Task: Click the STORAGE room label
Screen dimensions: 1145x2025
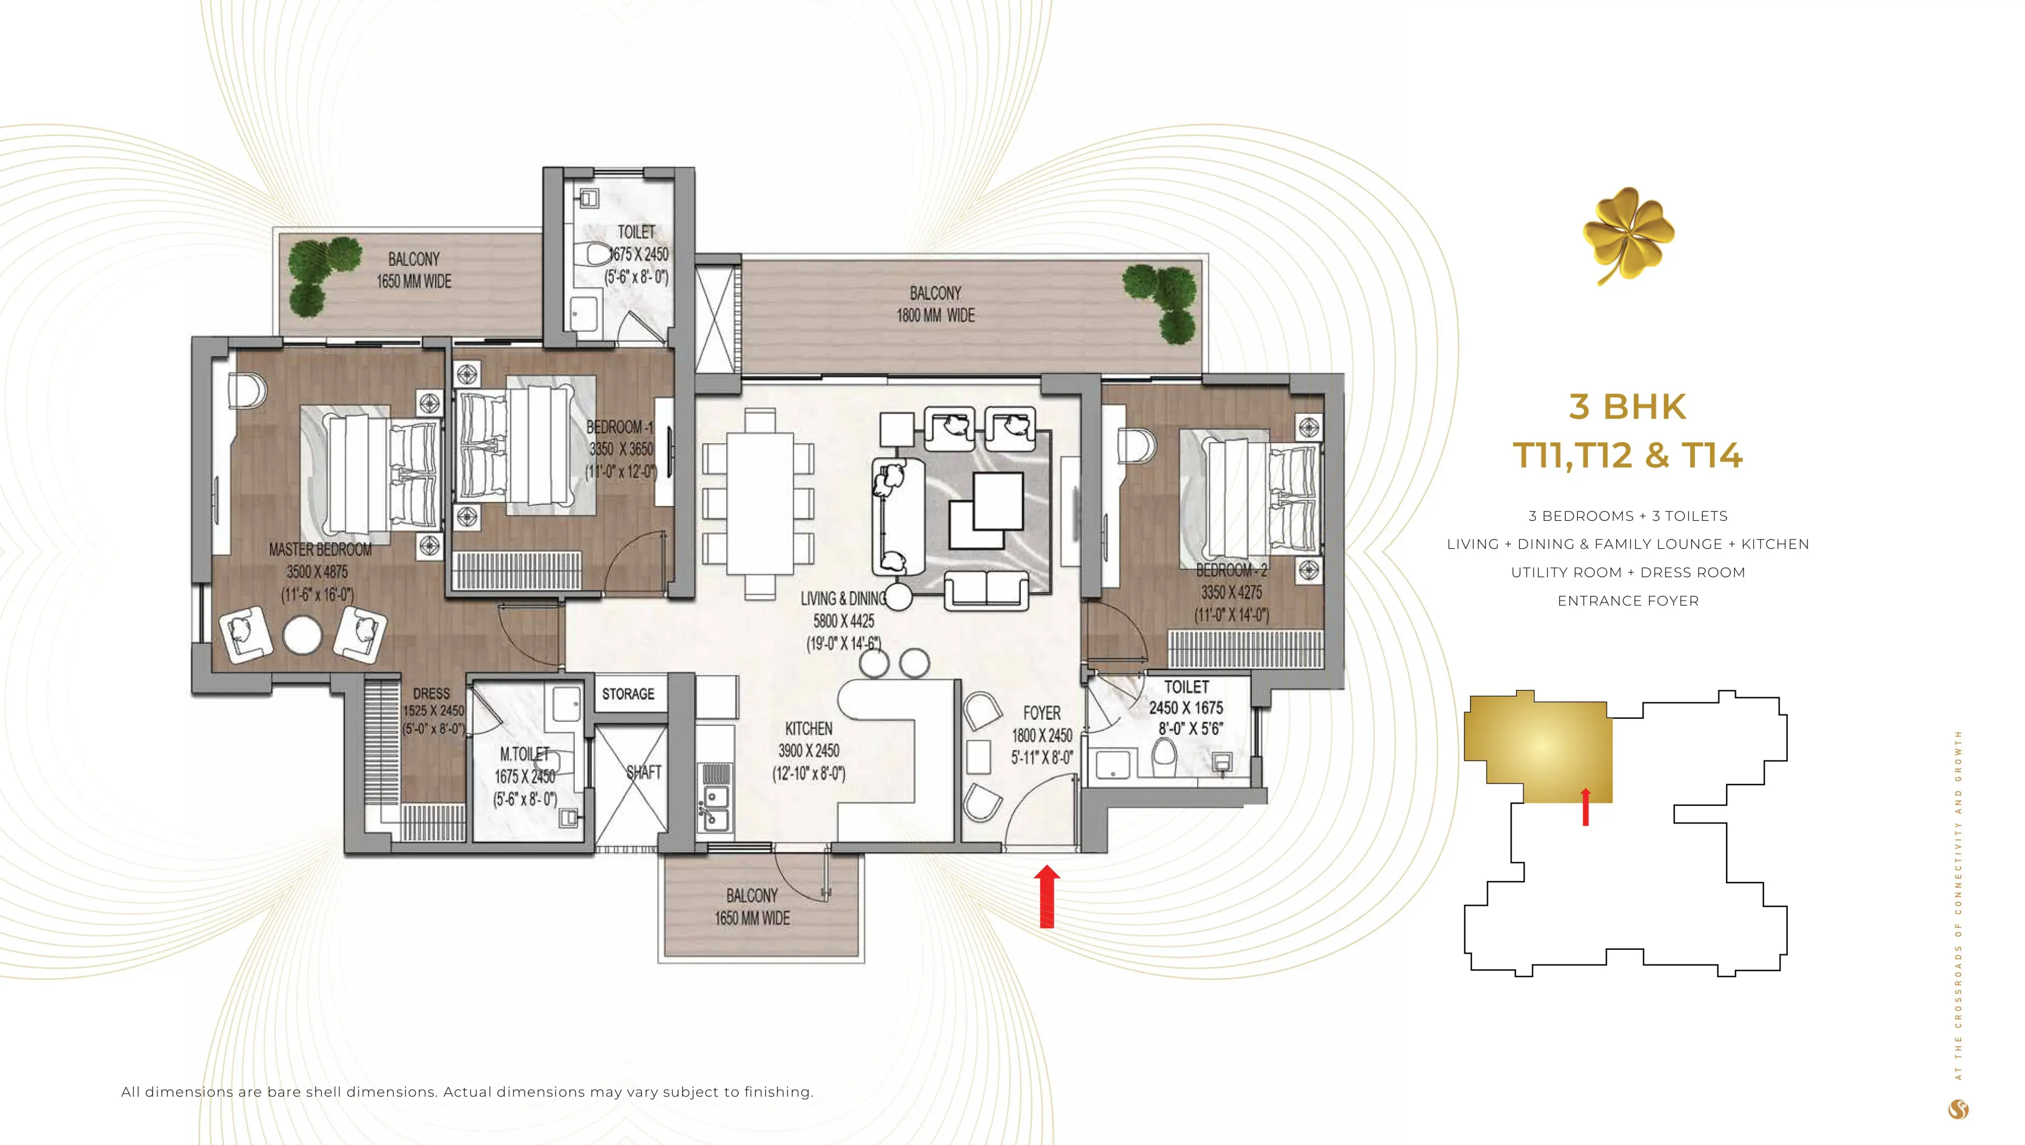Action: (x=628, y=694)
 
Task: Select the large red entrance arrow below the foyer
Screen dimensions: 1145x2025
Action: (x=1046, y=896)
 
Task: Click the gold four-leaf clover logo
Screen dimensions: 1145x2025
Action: (x=1627, y=234)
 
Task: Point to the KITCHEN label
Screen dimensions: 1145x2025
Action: (x=808, y=728)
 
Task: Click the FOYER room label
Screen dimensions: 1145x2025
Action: (x=1042, y=713)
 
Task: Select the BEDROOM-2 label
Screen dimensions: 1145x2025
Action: (x=1230, y=569)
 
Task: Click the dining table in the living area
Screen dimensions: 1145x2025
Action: (x=759, y=503)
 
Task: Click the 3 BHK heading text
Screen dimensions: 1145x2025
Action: (x=1627, y=407)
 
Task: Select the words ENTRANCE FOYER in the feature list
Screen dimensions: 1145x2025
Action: (x=1627, y=601)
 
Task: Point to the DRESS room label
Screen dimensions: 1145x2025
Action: (x=431, y=694)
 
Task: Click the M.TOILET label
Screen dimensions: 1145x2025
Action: (x=524, y=754)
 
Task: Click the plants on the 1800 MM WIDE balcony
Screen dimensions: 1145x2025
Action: (x=1163, y=302)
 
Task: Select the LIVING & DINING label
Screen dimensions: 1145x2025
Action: (x=843, y=598)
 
